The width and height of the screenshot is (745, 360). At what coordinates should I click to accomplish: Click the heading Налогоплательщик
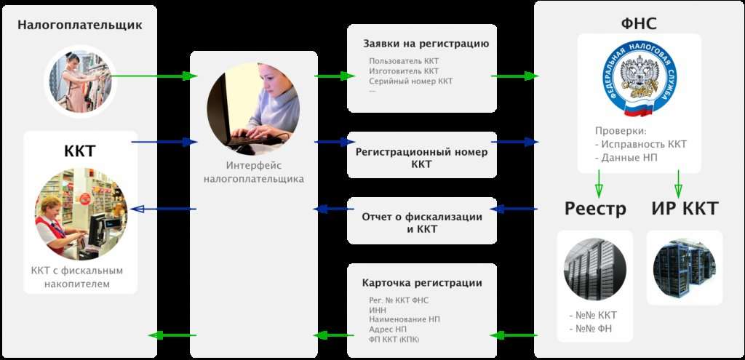[x=80, y=25]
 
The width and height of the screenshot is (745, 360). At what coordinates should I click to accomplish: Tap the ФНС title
[x=639, y=23]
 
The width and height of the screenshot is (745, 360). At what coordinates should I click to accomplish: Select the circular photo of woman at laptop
[x=253, y=108]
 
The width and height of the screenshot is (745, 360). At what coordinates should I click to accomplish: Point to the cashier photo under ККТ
[x=81, y=214]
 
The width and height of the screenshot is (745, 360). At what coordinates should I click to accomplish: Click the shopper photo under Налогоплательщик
[x=81, y=81]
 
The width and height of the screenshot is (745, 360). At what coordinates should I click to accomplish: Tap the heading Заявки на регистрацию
[x=426, y=44]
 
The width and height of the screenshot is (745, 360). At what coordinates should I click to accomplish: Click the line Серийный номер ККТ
[x=410, y=81]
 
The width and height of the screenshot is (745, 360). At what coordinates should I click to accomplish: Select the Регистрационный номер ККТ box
[x=422, y=156]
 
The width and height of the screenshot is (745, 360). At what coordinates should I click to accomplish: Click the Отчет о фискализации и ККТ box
[x=422, y=221]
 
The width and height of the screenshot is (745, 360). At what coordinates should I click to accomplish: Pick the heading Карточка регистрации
[x=422, y=283]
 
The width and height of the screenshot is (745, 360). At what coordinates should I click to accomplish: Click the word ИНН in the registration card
[x=378, y=310]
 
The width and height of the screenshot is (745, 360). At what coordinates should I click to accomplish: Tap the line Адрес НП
[x=388, y=329]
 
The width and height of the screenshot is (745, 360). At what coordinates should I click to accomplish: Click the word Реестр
[x=595, y=209]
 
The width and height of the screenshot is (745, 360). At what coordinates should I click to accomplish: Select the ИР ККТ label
[x=685, y=209]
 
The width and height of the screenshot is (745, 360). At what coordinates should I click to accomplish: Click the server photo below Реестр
[x=595, y=269]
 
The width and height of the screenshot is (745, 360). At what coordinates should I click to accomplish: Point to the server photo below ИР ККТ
[x=685, y=268]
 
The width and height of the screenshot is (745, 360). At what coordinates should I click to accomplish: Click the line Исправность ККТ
[x=641, y=145]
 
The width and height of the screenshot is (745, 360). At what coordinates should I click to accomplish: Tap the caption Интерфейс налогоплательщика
[x=254, y=172]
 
